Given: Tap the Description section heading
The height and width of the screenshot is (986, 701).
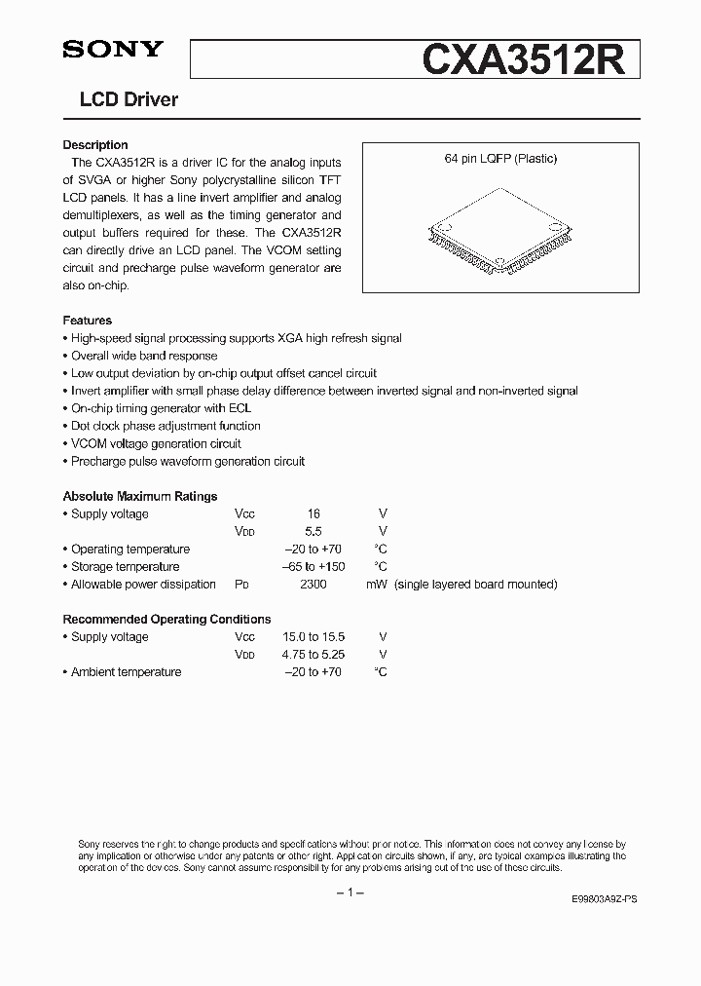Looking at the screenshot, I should pyautogui.click(x=95, y=145).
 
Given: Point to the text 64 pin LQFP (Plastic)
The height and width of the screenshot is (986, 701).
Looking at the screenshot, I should pyautogui.click(x=501, y=159).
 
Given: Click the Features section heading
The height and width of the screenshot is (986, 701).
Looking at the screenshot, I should pyautogui.click(x=88, y=321).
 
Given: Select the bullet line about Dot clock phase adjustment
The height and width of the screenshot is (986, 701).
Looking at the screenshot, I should pyautogui.click(x=166, y=426).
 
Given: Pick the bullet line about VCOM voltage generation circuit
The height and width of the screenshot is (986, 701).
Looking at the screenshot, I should pyautogui.click(x=156, y=443).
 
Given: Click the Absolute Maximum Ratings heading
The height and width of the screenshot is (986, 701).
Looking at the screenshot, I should pyautogui.click(x=140, y=496).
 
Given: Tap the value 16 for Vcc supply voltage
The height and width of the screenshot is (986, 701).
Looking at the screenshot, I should pyautogui.click(x=314, y=513).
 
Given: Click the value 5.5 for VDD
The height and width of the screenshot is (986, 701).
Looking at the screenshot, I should pyautogui.click(x=314, y=531).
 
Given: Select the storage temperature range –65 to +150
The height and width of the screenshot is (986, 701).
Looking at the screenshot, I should pyautogui.click(x=313, y=566).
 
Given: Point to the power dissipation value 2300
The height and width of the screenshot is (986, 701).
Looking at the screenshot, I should pyautogui.click(x=314, y=584).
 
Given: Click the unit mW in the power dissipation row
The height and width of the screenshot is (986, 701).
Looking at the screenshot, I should pyautogui.click(x=377, y=584).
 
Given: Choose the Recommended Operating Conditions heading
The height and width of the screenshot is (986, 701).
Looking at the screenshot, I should pyautogui.click(x=166, y=619).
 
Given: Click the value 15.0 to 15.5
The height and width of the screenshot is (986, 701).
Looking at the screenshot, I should pyautogui.click(x=314, y=636).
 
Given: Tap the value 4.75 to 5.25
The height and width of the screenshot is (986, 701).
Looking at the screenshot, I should pyautogui.click(x=314, y=654).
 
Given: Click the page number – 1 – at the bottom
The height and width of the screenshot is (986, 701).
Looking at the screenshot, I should pyautogui.click(x=350, y=893).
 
